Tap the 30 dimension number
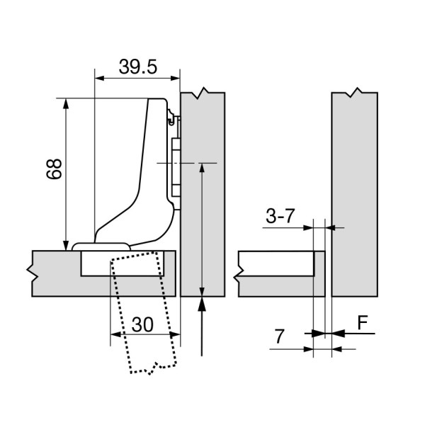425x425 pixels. [142, 324]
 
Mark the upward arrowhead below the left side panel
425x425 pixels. [203, 305]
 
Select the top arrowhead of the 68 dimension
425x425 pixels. [66, 104]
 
